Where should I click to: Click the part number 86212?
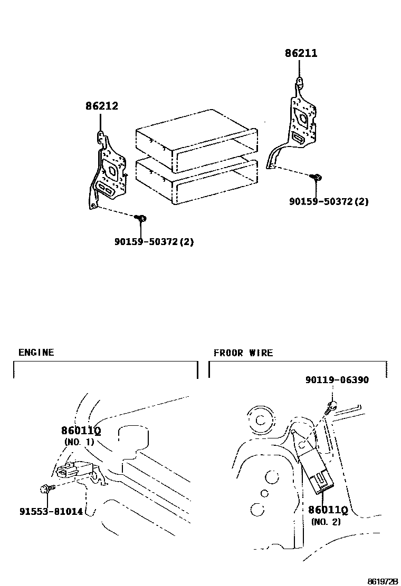[102, 106]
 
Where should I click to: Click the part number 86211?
[301, 53]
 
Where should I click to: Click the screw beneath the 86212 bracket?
[141, 218]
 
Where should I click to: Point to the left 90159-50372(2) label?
[155, 242]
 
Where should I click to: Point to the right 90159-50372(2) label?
[329, 201]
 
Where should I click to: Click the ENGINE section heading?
[36, 353]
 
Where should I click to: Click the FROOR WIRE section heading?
[243, 353]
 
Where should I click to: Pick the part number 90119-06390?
[337, 380]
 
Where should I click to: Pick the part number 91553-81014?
[51, 511]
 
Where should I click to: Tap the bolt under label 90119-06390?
[331, 406]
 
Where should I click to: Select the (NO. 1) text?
[79, 442]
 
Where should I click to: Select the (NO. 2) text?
[326, 522]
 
